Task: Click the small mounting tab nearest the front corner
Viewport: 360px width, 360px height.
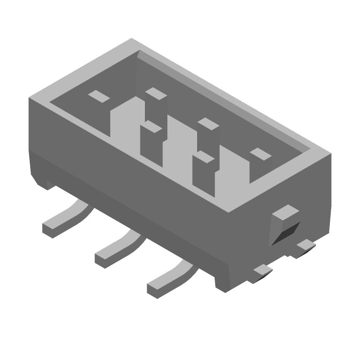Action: click(262, 270)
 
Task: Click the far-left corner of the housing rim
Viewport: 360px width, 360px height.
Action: click(30, 98)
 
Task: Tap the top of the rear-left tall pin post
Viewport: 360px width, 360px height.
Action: click(155, 93)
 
